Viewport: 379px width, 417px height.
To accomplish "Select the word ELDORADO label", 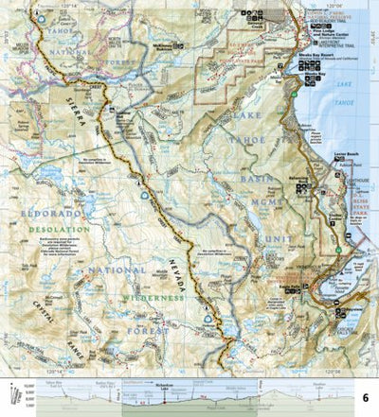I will click(44, 214).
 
